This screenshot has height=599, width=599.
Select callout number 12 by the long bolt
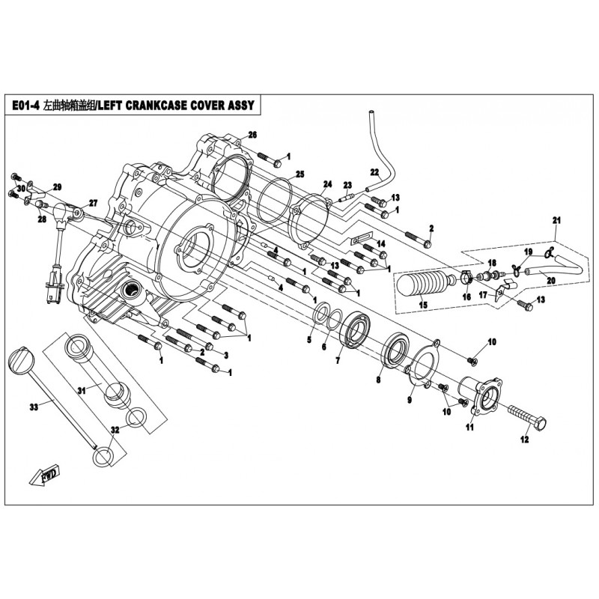pyautogui.click(x=525, y=440)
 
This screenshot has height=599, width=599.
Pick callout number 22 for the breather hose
pyautogui.click(x=374, y=171)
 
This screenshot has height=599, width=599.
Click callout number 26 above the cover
pyautogui.click(x=252, y=135)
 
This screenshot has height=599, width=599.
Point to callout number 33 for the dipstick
pyautogui.click(x=33, y=407)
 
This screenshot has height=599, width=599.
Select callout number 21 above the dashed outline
pyautogui.click(x=556, y=219)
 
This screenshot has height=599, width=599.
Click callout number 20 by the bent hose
pyautogui.click(x=550, y=281)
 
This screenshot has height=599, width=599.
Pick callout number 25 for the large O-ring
pyautogui.click(x=299, y=174)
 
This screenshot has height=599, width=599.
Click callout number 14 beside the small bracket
pyautogui.click(x=381, y=244)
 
